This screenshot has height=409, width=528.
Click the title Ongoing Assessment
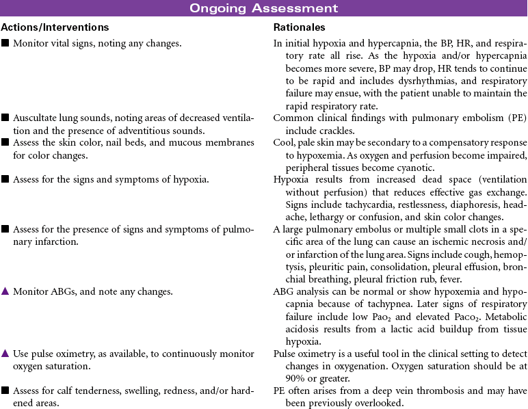[x=264, y=8]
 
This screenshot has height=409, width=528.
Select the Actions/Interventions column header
[x=55, y=27]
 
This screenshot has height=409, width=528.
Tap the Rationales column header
[x=299, y=27]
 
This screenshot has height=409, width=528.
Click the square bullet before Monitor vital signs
[x=5, y=43]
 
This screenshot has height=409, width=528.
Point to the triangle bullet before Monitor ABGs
[x=5, y=291]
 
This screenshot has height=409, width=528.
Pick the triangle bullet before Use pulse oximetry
[x=5, y=354]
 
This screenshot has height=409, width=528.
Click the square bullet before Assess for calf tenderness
[x=5, y=391]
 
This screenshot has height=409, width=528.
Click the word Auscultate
[x=34, y=118]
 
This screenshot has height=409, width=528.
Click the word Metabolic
[x=505, y=316]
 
